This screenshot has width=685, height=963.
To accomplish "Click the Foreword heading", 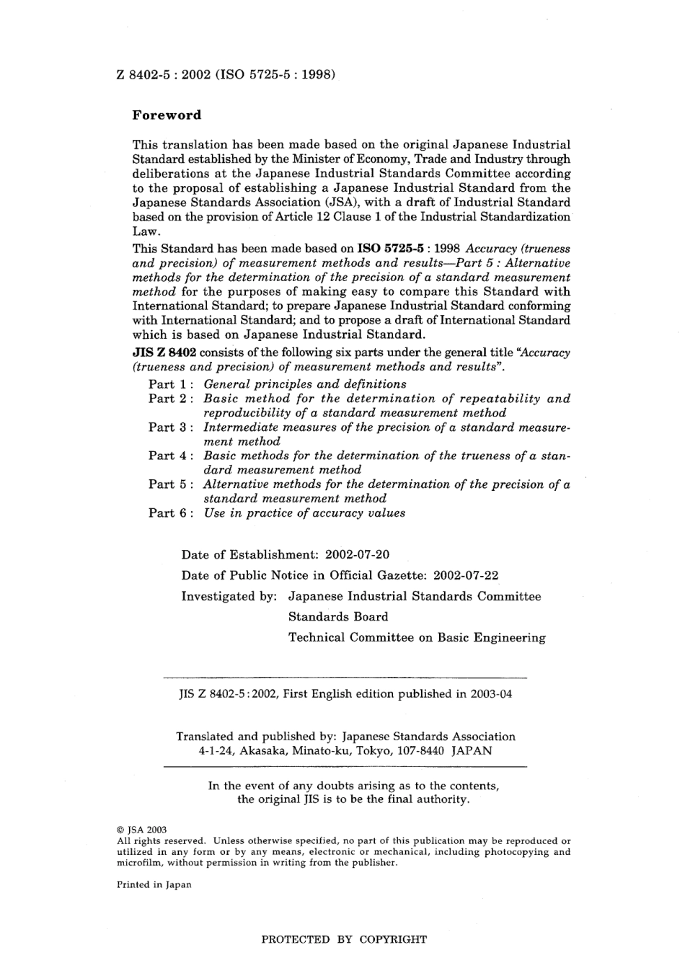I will (x=167, y=115).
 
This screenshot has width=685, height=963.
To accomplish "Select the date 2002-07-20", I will (x=358, y=555).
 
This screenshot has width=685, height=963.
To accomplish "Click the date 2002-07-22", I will (x=467, y=575).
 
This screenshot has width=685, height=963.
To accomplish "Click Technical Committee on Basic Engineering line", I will (x=417, y=638).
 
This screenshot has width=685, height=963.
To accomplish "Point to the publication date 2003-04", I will (x=490, y=695).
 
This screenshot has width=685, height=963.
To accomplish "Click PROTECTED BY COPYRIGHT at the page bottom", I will (x=343, y=940).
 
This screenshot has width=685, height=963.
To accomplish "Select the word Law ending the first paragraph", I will (x=146, y=232).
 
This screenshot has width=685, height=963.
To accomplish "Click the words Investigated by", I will (x=229, y=597).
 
